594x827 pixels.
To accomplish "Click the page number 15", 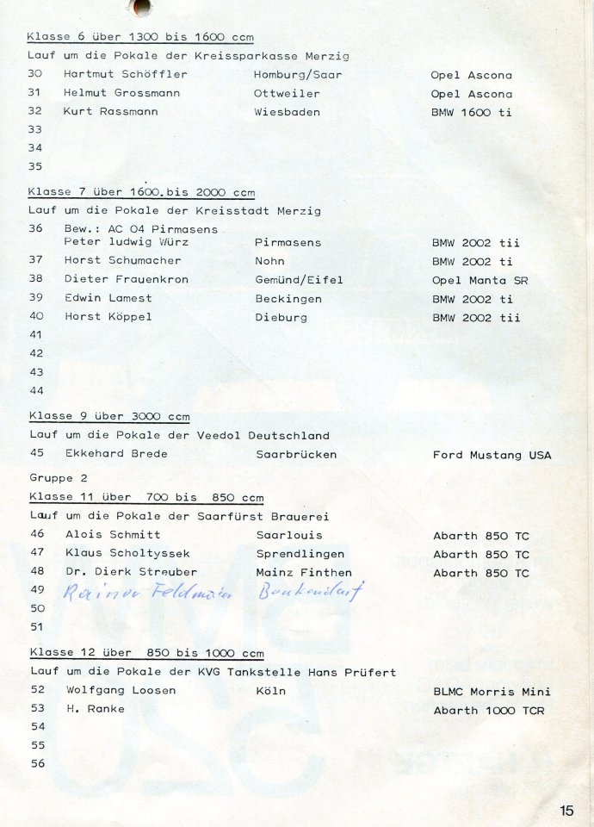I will pyautogui.click(x=566, y=810).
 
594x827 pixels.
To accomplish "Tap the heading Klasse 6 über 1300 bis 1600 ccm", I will pyautogui.click(x=139, y=37).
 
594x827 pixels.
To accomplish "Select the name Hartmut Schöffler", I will pyautogui.click(x=125, y=75).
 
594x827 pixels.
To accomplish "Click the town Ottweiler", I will pyautogui.click(x=286, y=94).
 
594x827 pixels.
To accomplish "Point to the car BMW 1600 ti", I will pyautogui.click(x=471, y=112).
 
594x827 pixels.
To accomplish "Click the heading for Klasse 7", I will pyautogui.click(x=141, y=192).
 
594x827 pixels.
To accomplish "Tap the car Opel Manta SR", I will pyautogui.click(x=480, y=280).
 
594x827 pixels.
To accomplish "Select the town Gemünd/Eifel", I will pyautogui.click(x=299, y=280).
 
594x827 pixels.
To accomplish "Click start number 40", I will pyautogui.click(x=35, y=317).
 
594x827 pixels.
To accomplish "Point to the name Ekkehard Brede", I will pyautogui.click(x=116, y=454).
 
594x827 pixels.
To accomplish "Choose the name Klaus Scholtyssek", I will pyautogui.click(x=127, y=554).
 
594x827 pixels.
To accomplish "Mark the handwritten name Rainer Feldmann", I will pyautogui.click(x=150, y=593).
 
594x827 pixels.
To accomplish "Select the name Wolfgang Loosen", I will pyautogui.click(x=121, y=691).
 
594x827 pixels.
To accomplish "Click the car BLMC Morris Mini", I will pyautogui.click(x=492, y=692).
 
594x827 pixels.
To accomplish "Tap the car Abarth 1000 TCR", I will pyautogui.click(x=488, y=711).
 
